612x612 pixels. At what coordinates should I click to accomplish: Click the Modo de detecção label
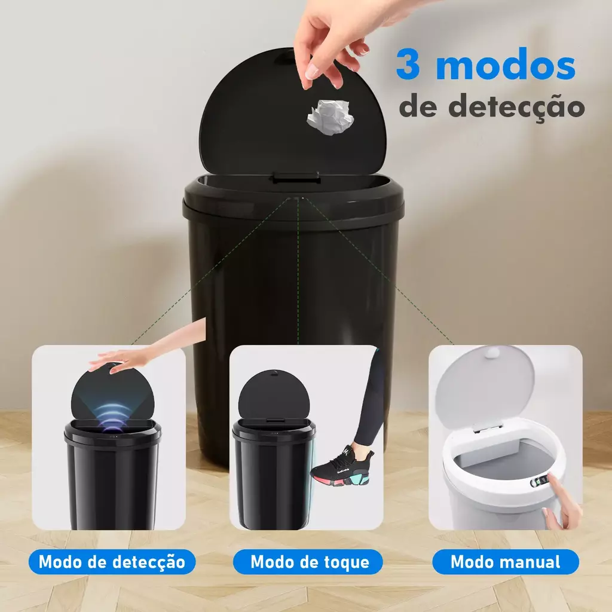[112, 562]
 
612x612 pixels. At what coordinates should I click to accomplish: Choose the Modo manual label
[506, 562]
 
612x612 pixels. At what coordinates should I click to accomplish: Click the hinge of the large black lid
[296, 177]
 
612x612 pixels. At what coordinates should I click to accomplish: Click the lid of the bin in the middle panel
[274, 395]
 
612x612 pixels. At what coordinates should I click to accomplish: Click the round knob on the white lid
[492, 354]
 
